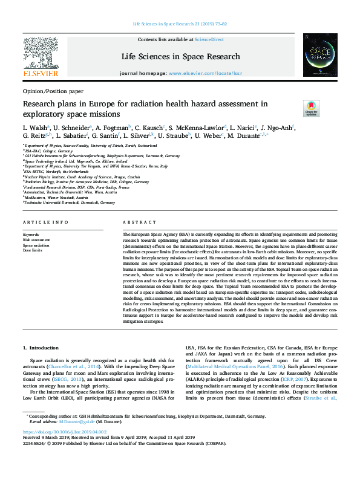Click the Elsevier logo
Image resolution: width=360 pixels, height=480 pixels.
click(41, 56)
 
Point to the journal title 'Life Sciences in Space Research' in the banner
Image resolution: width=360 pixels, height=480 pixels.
click(180, 56)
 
